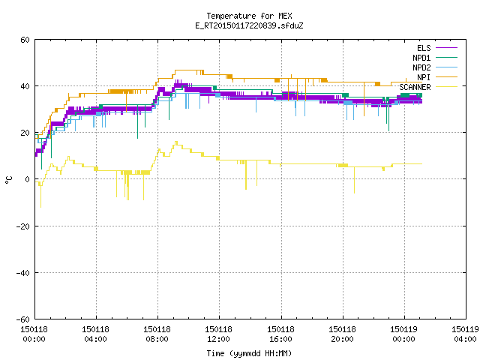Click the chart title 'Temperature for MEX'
click(249, 16)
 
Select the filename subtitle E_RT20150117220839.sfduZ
click(249, 25)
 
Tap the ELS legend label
click(424, 48)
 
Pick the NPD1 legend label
click(421, 58)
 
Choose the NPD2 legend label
click(421, 67)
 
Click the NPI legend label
click(424, 77)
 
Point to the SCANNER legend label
click(415, 87)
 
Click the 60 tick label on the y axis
click(25, 40)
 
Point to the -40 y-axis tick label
click(23, 273)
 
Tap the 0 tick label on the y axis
click(28, 179)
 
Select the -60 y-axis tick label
click(23, 319)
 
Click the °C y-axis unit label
click(8, 180)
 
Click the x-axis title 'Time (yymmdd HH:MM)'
click(249, 353)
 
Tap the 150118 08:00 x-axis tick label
click(157, 334)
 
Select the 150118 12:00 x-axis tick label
click(218, 334)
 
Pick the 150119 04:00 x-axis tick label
click(465, 334)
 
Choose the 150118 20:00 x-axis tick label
click(342, 334)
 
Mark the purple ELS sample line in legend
click(446, 48)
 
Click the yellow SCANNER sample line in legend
click(446, 87)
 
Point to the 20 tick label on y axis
click(25, 133)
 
